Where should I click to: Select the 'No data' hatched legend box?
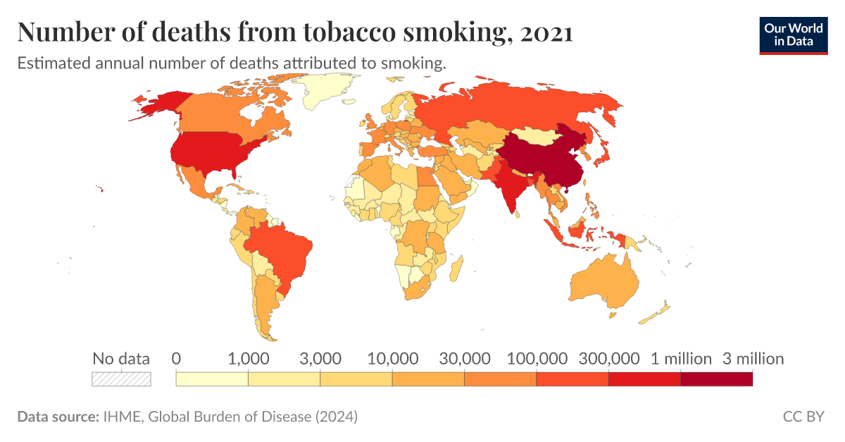121,379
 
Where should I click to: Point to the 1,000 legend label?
248,359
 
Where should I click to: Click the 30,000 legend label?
464,359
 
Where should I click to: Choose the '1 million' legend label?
681,359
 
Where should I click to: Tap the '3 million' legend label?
753,359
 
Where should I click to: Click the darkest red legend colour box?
717,379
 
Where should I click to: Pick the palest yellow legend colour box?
212,379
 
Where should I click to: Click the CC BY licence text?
803,417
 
